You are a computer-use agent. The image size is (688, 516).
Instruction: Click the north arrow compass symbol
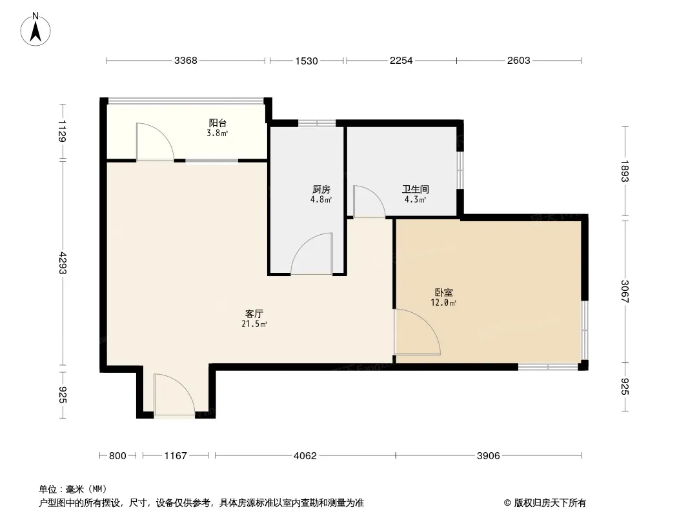pyautogui.click(x=35, y=30)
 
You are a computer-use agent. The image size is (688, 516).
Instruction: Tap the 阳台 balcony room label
pyautogui.click(x=218, y=123)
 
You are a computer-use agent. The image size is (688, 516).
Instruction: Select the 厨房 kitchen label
pyautogui.click(x=321, y=190)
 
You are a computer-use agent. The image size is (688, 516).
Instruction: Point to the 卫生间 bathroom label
pyautogui.click(x=416, y=190)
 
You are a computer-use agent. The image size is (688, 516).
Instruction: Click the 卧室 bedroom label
pyautogui.click(x=444, y=292)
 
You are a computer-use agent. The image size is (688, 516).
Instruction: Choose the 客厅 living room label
pyautogui.click(x=254, y=314)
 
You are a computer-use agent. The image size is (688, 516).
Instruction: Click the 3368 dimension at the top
pyautogui.click(x=186, y=61)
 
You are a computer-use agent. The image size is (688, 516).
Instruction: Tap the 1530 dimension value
pyautogui.click(x=307, y=61)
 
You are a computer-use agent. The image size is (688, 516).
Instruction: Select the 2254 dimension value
pyautogui.click(x=401, y=61)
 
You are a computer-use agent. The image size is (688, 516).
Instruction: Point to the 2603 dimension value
pyautogui.click(x=519, y=61)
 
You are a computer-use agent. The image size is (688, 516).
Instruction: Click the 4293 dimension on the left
pyautogui.click(x=62, y=263)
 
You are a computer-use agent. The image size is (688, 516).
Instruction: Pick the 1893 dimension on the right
pyautogui.click(x=625, y=171)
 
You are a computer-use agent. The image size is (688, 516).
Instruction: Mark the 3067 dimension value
pyautogui.click(x=625, y=292)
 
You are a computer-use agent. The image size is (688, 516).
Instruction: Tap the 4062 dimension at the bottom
pyautogui.click(x=305, y=456)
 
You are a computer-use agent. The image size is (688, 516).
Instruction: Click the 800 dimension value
pyautogui.click(x=117, y=456)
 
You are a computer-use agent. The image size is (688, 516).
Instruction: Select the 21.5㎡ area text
pyautogui.click(x=254, y=324)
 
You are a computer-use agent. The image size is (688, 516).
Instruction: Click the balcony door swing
pyautogui.click(x=161, y=134)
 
